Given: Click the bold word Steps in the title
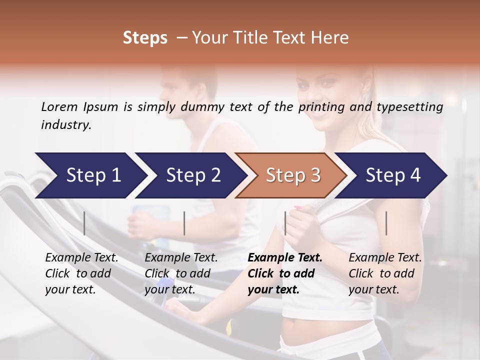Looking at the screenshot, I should click(x=145, y=38).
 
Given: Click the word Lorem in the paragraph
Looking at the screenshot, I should click(x=59, y=106).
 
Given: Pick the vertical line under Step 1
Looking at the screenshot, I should click(x=84, y=223).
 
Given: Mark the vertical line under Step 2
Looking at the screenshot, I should click(x=184, y=223).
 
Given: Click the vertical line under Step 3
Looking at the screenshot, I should click(x=285, y=223).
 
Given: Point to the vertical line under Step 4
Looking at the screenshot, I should click(x=386, y=223).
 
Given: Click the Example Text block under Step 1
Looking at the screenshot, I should click(x=81, y=273).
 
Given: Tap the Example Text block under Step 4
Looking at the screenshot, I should click(x=385, y=273).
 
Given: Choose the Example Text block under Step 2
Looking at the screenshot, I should click(x=181, y=273).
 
